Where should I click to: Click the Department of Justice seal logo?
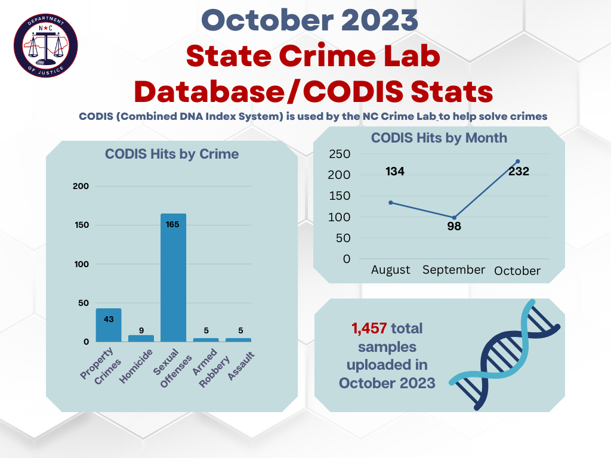click(46, 46)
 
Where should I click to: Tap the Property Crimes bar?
click(109, 325)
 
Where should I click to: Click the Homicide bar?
click(141, 338)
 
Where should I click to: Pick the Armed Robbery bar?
click(206, 339)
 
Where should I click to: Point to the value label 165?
click(173, 224)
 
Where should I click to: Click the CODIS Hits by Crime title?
click(172, 154)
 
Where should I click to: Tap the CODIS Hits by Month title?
click(439, 138)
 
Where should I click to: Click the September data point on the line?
click(454, 218)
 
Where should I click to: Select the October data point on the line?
click(517, 161)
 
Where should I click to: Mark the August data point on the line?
click(391, 202)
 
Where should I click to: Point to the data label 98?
click(454, 227)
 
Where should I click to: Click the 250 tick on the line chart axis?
click(338, 154)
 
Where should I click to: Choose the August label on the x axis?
click(391, 270)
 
